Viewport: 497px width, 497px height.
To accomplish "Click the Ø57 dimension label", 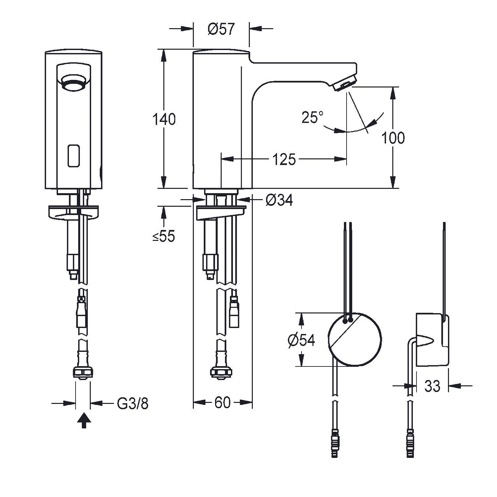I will pos(221,29).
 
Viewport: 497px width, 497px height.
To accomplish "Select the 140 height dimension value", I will pos(164,119).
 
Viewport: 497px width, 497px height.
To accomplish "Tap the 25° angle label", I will pos(312,117).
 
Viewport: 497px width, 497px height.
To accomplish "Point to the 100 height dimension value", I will pos(393,138).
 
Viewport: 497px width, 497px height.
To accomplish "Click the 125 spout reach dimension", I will pos(284,160).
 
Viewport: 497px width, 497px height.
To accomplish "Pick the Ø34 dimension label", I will pos(279,200).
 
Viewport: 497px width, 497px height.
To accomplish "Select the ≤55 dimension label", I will pos(164,237).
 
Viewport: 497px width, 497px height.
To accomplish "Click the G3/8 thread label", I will pos(133,403).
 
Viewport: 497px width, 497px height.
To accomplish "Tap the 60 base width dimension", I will pos(222,403).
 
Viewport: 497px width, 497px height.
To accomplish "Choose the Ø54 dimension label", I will pos(301,340).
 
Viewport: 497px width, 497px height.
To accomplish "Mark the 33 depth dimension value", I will pos(432,386).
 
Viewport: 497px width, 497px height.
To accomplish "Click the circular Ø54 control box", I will pos(355,339).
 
